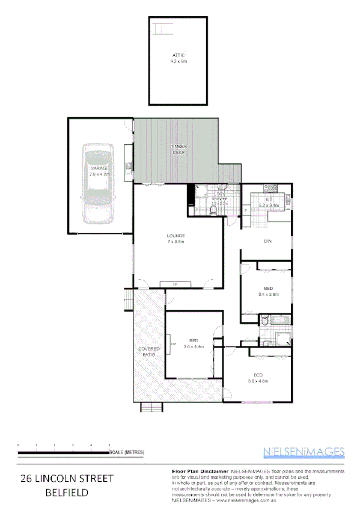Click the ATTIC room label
click(178, 55)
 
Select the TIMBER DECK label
click(180, 149)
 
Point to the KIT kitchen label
click(269, 198)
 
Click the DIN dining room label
click(269, 242)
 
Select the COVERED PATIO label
click(148, 352)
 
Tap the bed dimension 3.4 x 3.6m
click(269, 294)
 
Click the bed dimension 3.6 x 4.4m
click(194, 346)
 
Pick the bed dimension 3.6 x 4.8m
click(257, 380)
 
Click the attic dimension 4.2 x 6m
click(178, 61)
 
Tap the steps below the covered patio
click(152, 407)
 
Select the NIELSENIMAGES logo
click(304, 451)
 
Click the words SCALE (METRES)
click(127, 452)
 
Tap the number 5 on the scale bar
click(109, 444)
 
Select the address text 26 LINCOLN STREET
click(67, 479)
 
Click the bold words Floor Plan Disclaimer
click(192, 471)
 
